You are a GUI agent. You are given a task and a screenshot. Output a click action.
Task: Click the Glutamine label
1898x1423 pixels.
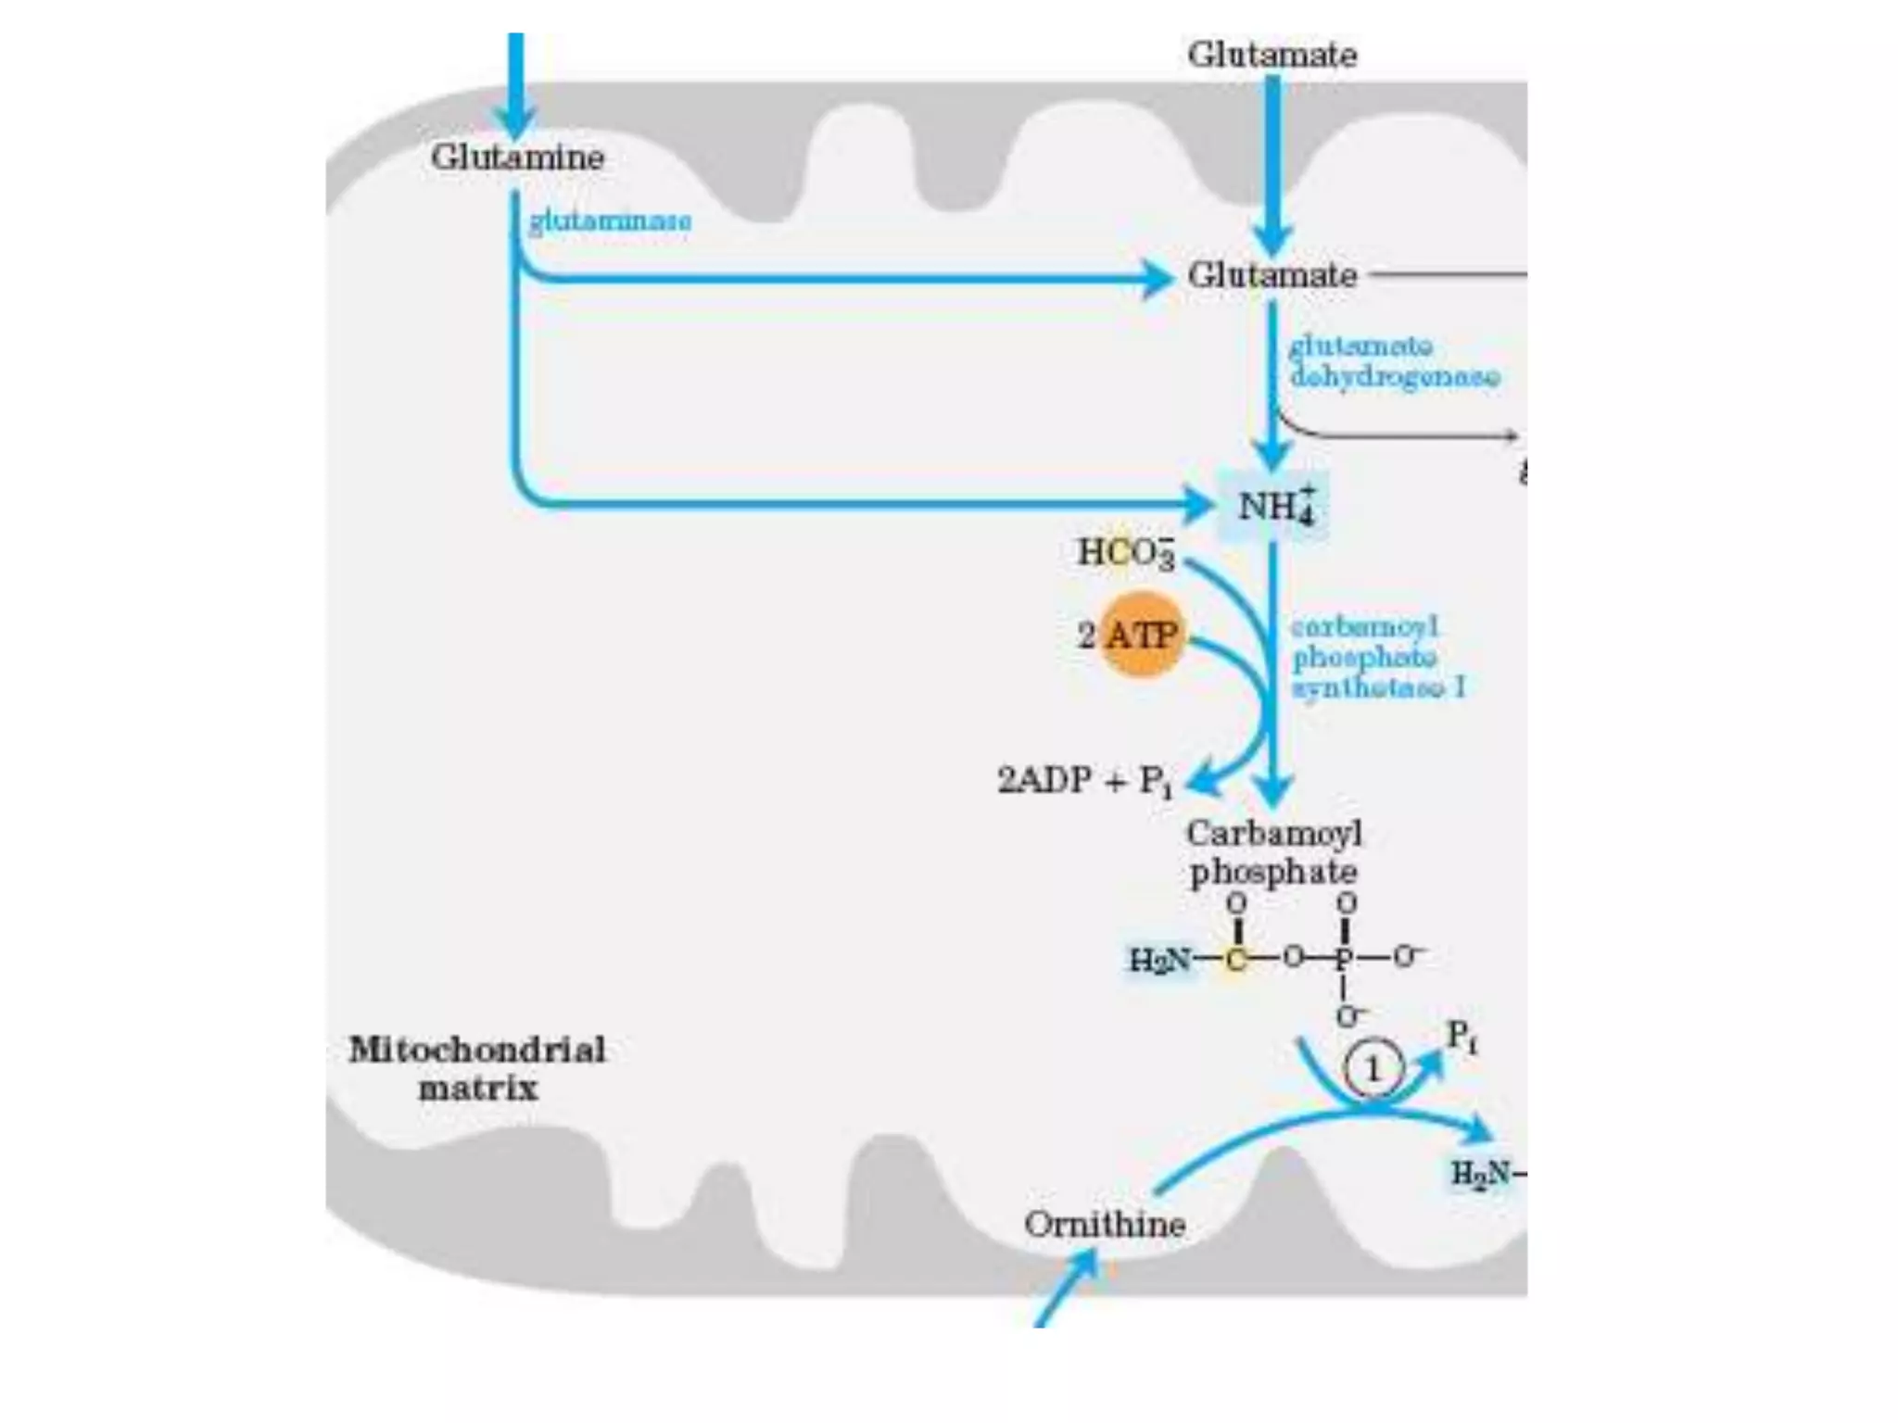(517, 157)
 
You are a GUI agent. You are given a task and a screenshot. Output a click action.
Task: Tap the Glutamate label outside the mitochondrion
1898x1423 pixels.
(1272, 55)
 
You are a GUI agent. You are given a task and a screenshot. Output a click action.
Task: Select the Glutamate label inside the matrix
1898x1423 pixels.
(1272, 275)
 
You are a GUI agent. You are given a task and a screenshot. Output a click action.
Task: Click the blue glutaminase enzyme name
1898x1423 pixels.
(610, 221)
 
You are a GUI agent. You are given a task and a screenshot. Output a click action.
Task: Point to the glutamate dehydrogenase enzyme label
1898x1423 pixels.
(1393, 361)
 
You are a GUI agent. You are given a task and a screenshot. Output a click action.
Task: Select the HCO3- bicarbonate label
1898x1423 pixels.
(1125, 553)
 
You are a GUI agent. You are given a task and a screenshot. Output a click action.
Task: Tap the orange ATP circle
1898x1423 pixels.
(1141, 636)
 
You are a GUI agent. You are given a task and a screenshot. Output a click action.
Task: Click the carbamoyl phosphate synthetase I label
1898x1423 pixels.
(1377, 658)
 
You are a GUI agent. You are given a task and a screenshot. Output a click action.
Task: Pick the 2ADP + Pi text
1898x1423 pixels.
(1084, 781)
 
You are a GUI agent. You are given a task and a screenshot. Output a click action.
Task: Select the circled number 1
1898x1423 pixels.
(1373, 1070)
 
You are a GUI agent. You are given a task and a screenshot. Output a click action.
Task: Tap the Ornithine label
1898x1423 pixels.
(1105, 1225)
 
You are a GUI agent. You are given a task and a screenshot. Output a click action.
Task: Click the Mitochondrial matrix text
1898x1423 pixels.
(477, 1069)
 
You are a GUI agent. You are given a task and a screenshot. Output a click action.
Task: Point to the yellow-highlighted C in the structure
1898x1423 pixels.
(1235, 959)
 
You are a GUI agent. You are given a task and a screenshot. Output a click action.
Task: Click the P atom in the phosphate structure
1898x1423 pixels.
(1344, 957)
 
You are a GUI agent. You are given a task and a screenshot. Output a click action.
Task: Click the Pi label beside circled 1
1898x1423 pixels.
(1461, 1036)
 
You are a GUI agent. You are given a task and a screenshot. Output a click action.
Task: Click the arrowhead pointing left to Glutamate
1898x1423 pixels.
(1157, 279)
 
